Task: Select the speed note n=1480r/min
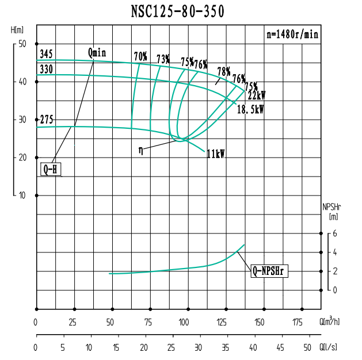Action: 292,34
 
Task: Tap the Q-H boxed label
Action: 51,170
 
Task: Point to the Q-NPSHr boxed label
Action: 269,271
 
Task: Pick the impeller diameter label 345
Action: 47,55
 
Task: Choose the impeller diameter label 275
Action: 47,120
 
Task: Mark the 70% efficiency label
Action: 140,56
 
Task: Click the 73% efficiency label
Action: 163,59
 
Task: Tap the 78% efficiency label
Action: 224,72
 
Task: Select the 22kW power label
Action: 256,96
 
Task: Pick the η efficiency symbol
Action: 141,150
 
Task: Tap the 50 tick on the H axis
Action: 22,44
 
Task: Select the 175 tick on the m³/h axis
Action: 298,322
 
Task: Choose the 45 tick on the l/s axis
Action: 280,347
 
